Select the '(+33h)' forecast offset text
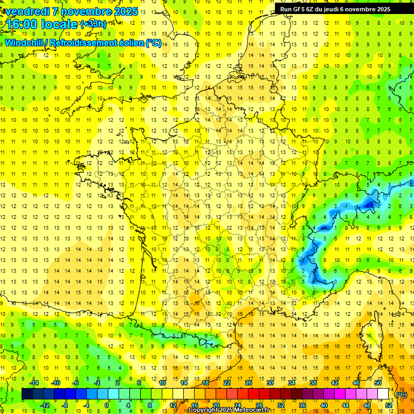pyautogui.click(x=93, y=24)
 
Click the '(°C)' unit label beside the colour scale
pyautogui.click(x=401, y=395)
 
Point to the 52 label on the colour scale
pyautogui.click(x=388, y=405)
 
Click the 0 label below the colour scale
pyautogui.click(x=107, y=405)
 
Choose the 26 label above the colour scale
pyautogui.click(x=249, y=383)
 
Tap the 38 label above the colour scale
pyautogui.click(x=313, y=383)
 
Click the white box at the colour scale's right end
pyautogui.click(x=383, y=394)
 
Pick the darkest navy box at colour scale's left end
pyautogui.click(x=27, y=394)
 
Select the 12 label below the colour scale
pyautogui.click(x=174, y=405)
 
